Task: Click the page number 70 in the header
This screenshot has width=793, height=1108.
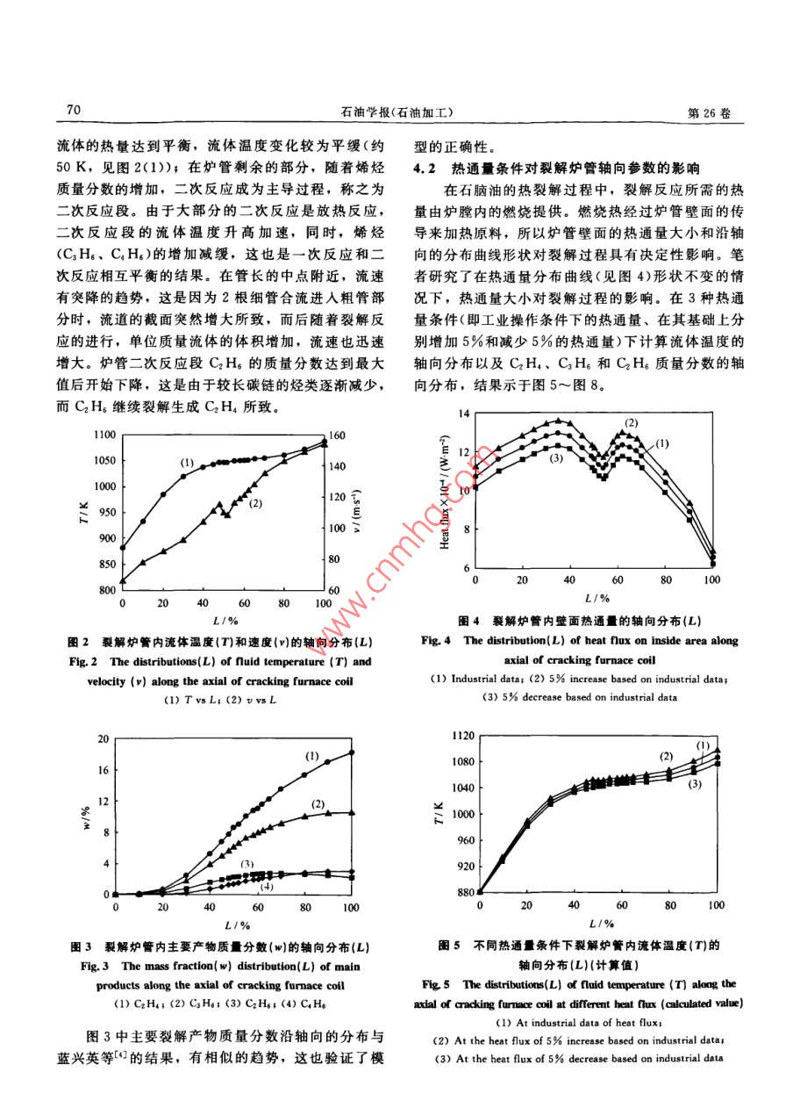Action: (73, 111)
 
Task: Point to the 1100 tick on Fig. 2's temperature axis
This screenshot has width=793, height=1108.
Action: (104, 435)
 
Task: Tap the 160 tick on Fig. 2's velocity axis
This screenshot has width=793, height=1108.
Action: (339, 435)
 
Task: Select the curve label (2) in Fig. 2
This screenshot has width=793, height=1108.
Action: (256, 504)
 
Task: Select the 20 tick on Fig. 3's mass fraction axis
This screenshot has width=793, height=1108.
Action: (103, 738)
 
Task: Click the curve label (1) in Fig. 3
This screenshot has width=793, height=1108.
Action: (312, 756)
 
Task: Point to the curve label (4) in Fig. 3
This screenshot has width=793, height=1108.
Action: (266, 887)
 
